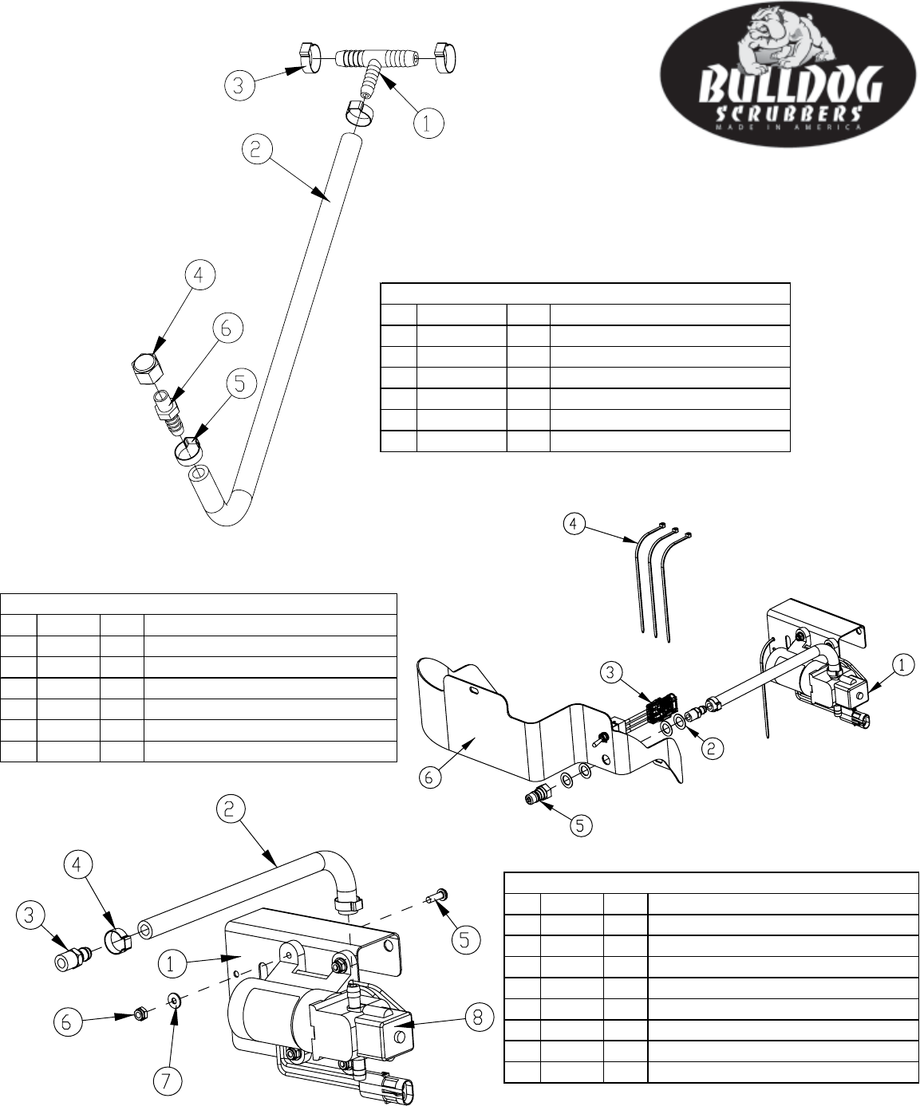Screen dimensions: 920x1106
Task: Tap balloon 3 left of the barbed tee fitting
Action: [239, 85]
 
